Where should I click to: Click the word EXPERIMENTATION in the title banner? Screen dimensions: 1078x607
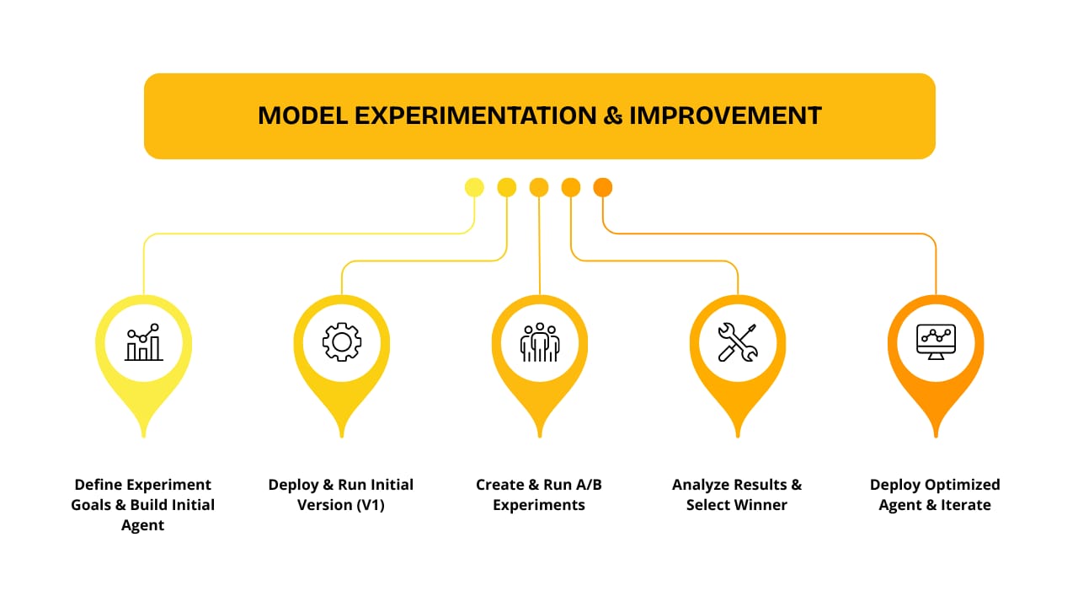(476, 115)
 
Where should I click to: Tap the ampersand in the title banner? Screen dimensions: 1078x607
(612, 115)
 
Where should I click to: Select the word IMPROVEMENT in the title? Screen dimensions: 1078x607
(725, 115)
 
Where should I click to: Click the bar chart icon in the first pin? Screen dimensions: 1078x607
(144, 342)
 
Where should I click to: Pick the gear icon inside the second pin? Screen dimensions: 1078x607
(342, 342)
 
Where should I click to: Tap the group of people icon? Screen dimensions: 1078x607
(540, 342)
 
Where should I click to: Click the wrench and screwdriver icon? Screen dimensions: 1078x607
(738, 342)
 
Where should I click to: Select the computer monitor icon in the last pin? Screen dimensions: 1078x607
(936, 341)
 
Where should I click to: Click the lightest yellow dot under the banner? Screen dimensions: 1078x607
(474, 187)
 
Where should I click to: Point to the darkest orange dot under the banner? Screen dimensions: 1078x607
(603, 187)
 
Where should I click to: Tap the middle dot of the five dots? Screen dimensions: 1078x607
(539, 187)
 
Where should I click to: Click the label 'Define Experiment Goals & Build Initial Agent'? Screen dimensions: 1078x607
(143, 504)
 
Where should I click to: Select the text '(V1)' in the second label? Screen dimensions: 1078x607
(371, 505)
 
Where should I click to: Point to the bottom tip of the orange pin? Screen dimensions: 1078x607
(936, 437)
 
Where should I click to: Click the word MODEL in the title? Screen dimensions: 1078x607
(302, 115)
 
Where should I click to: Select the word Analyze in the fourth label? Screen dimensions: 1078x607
(696, 485)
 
